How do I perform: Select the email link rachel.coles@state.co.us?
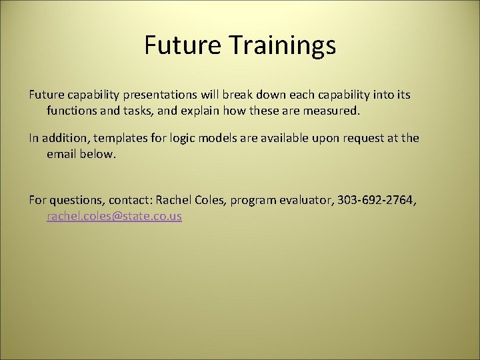pyautogui.click(x=114, y=217)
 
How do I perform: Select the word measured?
pyautogui.click(x=334, y=111)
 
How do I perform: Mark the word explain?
pyautogui.click(x=201, y=111)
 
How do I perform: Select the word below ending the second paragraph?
pyautogui.click(x=99, y=154)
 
